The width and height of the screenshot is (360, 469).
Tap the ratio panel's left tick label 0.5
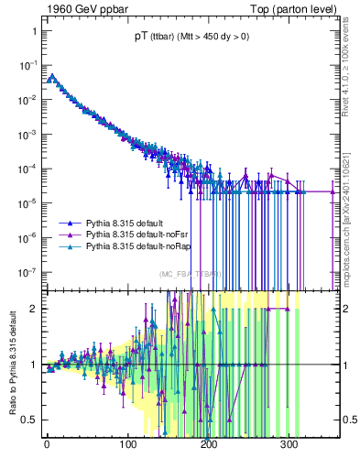(29, 420)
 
